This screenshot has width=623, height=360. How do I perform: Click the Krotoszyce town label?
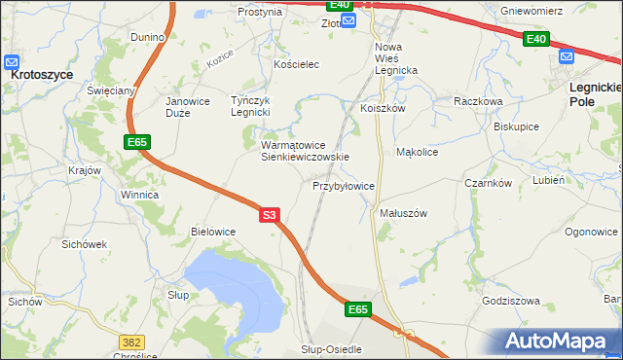[43, 73]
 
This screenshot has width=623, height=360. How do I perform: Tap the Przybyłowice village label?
[344, 185]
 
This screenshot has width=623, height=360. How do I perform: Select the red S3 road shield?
[272, 217]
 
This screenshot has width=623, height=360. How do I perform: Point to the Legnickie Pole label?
[594, 93]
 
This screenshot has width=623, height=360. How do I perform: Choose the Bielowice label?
[214, 232]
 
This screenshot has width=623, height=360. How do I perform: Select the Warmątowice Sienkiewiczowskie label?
[304, 151]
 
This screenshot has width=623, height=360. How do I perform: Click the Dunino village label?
[149, 37]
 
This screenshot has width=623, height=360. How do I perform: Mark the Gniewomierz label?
[559, 13]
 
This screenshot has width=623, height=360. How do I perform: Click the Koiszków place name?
[382, 109]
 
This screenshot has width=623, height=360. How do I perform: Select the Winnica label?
[139, 195]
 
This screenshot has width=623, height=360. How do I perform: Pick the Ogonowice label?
[591, 232]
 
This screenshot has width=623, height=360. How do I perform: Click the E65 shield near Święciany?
[137, 143]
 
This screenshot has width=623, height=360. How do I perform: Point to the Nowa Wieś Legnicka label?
[396, 58]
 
